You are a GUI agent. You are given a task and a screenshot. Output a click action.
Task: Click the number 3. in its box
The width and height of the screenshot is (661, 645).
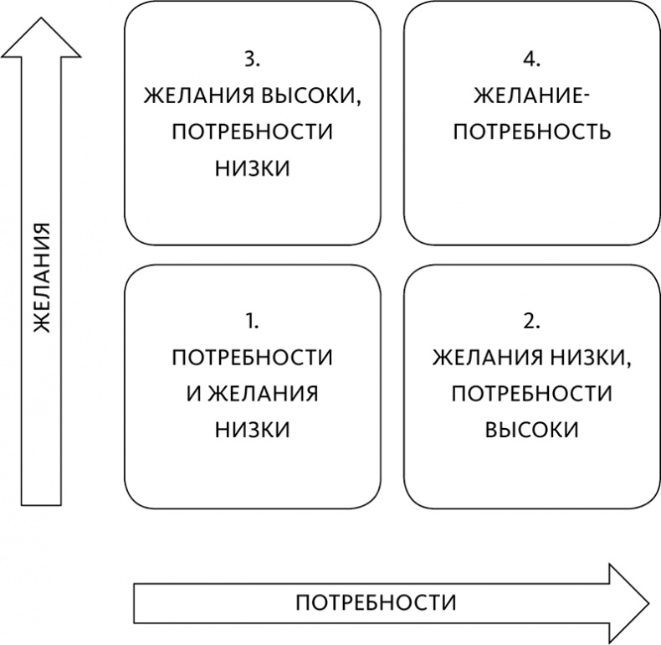click(252, 59)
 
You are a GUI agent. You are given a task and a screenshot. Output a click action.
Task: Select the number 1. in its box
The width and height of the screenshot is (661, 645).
click(252, 321)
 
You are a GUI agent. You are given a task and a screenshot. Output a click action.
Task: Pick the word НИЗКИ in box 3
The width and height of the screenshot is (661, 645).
click(252, 168)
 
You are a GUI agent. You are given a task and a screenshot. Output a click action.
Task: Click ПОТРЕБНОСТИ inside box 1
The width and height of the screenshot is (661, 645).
click(252, 358)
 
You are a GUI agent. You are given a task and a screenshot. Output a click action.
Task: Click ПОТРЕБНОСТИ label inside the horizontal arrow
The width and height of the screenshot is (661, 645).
click(377, 602)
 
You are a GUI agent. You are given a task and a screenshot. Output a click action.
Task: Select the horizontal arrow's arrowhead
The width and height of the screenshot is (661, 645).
click(628, 602)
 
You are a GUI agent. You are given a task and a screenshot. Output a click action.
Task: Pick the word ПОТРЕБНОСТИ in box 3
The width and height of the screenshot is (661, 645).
click(252, 132)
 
